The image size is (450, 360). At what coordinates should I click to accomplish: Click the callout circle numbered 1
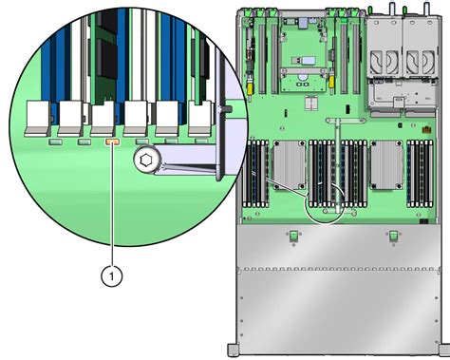[x=111, y=276]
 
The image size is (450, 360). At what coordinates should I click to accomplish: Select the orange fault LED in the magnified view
[x=112, y=142]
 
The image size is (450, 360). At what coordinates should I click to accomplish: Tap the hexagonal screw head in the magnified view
[x=145, y=160]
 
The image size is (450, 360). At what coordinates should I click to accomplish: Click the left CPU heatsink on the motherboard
[x=290, y=164]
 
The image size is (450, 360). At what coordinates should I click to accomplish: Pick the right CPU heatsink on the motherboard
[x=386, y=164]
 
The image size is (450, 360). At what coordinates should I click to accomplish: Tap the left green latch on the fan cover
[x=293, y=236]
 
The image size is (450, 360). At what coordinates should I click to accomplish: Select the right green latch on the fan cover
[x=393, y=236]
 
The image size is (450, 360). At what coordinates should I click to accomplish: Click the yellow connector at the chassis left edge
[x=251, y=89]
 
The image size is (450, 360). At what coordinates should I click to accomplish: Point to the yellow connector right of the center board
[x=331, y=82]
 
